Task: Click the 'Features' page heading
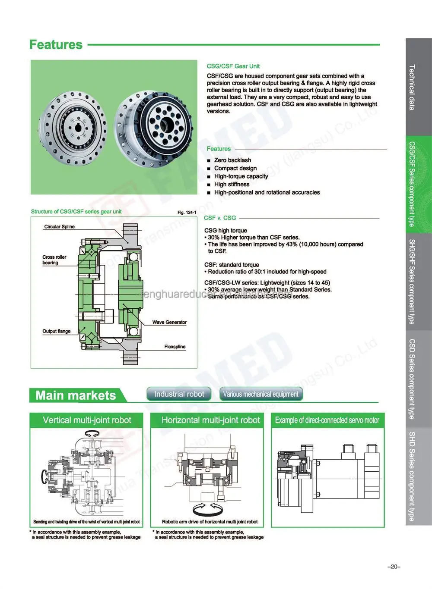pyautogui.click(x=56, y=44)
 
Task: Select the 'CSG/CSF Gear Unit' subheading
pyautogui.click(x=233, y=66)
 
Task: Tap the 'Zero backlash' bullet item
pyautogui.click(x=232, y=160)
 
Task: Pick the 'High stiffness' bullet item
pyautogui.click(x=232, y=184)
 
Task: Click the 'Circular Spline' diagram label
pyautogui.click(x=59, y=226)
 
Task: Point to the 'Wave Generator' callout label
pyautogui.click(x=169, y=322)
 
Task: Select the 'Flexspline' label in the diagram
pyautogui.click(x=175, y=347)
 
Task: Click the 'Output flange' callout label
pyautogui.click(x=56, y=331)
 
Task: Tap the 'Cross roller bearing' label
pyautogui.click(x=54, y=260)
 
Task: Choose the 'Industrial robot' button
pyautogui.click(x=179, y=394)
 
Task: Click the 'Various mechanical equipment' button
pyautogui.click(x=260, y=394)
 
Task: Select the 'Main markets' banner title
pyautogui.click(x=76, y=395)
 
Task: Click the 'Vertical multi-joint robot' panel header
pyautogui.click(x=87, y=420)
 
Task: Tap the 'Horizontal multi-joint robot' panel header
pyautogui.click(x=210, y=420)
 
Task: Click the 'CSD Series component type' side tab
pyautogui.click(x=412, y=379)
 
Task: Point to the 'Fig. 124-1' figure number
pyautogui.click(x=187, y=212)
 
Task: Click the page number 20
pyautogui.click(x=394, y=567)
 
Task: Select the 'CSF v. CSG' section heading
pyautogui.click(x=220, y=218)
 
